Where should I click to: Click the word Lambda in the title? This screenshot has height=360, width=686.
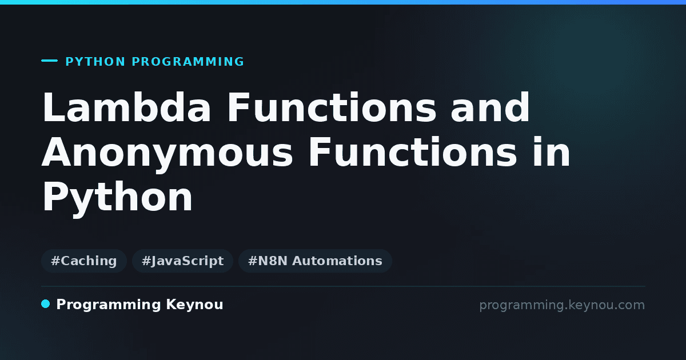126,107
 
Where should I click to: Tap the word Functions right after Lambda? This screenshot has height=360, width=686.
332,107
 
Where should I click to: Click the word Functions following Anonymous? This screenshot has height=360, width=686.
413,152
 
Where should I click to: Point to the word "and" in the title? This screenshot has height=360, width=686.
490,107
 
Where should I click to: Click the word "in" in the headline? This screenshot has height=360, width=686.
552,152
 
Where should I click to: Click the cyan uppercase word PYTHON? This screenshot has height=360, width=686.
95,62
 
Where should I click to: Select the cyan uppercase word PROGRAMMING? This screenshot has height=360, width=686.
188,62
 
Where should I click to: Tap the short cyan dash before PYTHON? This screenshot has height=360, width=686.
49,61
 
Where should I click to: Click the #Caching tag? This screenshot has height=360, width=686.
84,261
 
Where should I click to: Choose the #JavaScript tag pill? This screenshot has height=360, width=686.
182,261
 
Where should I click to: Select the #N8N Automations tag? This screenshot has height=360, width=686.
315,261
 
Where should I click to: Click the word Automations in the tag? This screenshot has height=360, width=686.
337,261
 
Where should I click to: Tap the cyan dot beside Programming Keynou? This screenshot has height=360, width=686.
45,304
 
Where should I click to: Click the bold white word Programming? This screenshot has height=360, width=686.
109,305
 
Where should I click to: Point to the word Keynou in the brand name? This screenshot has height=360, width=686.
194,305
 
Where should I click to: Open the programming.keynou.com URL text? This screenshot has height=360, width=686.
562,305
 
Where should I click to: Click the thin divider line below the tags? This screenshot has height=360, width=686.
343,286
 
